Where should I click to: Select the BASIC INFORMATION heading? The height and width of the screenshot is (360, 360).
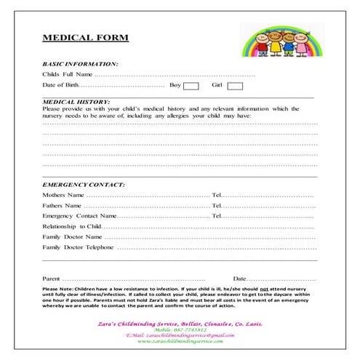pyautogui.click(x=80, y=64)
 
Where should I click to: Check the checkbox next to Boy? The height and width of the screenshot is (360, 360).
pyautogui.click(x=191, y=86)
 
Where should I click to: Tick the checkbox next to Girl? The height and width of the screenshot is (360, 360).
pyautogui.click(x=234, y=86)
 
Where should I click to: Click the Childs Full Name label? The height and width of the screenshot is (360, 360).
pyautogui.click(x=67, y=75)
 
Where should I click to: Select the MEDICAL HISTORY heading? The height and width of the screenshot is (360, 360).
pyautogui.click(x=76, y=102)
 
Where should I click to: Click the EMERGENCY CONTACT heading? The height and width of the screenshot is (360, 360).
pyautogui.click(x=84, y=185)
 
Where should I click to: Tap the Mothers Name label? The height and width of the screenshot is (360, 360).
pyautogui.click(x=63, y=196)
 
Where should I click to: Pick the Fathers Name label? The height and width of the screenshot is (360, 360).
pyautogui.click(x=62, y=206)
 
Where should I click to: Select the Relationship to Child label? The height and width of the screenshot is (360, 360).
pyautogui.click(x=72, y=226)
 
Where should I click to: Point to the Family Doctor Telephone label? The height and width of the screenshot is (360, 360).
pyautogui.click(x=78, y=247)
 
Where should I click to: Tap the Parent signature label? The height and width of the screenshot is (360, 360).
pyautogui.click(x=51, y=279)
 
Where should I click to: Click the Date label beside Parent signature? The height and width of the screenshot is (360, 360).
pyautogui.click(x=239, y=279)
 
